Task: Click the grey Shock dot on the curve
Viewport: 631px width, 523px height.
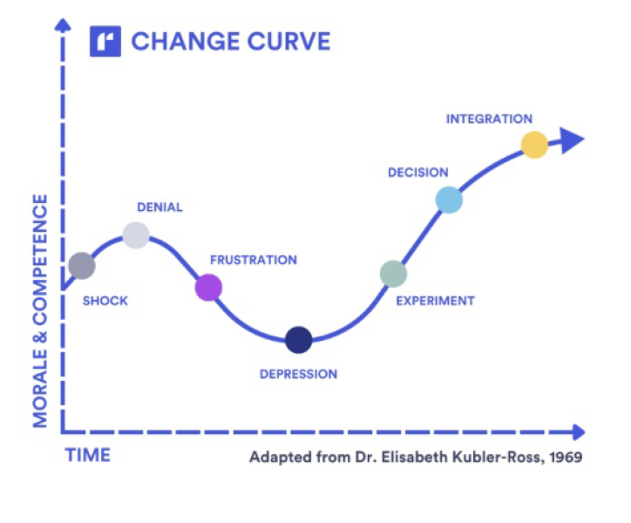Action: [x=82, y=266]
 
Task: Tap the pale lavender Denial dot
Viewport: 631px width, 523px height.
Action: [x=136, y=235]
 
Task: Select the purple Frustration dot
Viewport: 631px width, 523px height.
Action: [x=208, y=288]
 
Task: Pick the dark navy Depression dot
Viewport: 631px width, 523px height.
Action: [x=299, y=340]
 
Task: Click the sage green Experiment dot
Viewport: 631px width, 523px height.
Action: [x=393, y=274]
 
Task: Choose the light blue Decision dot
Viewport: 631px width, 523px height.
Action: [x=449, y=200]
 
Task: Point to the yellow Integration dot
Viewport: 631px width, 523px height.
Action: [x=534, y=145]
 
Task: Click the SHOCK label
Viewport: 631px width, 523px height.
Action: [x=105, y=301]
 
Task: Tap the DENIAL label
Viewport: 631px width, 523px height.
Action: [x=159, y=207]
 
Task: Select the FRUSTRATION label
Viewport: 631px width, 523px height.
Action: [x=254, y=260]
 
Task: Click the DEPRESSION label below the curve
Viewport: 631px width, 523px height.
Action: [x=299, y=374]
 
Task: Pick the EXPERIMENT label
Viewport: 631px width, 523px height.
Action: [x=436, y=301]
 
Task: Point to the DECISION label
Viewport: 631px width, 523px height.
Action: [x=418, y=173]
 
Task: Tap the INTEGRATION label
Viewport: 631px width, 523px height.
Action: [x=489, y=119]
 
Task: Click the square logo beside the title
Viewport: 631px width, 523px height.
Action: [x=105, y=41]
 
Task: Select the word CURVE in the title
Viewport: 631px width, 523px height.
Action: [x=288, y=41]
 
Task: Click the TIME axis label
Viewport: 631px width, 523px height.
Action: [x=88, y=455]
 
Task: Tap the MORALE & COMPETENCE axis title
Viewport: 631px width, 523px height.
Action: [x=40, y=311]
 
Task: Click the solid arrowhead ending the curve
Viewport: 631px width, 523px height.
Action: [x=573, y=140]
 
